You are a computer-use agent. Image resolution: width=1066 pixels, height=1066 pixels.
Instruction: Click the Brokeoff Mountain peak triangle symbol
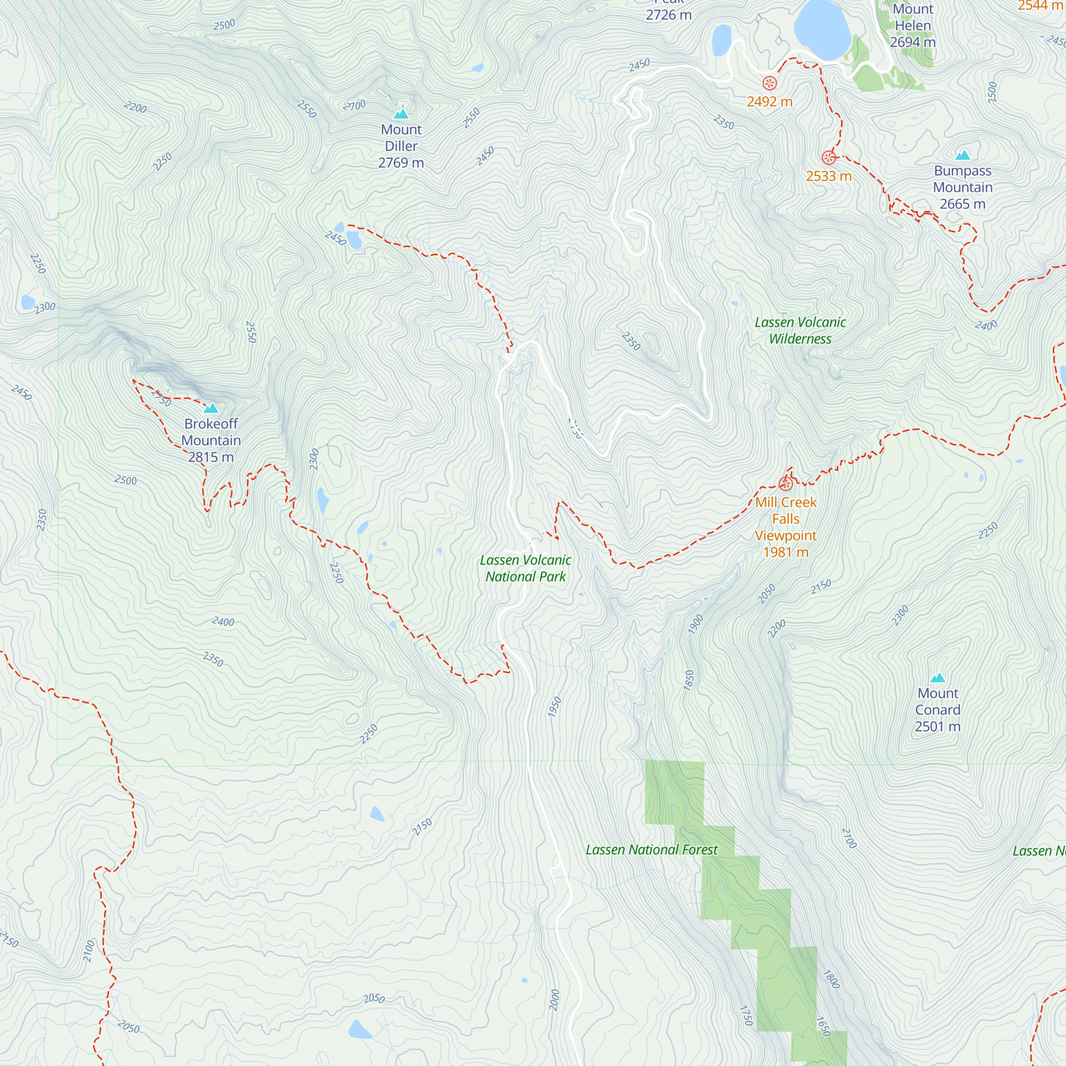point(211,409)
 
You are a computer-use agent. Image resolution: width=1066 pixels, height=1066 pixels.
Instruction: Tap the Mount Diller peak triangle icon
point(401,114)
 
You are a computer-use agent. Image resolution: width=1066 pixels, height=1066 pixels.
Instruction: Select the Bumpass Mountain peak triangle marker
point(963,155)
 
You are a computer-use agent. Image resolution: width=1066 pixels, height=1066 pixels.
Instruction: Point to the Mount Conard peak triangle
point(938,678)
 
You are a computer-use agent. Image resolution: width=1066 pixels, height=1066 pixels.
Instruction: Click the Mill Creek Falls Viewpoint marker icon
point(786,484)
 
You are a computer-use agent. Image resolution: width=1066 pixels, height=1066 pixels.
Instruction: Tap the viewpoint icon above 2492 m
point(770,83)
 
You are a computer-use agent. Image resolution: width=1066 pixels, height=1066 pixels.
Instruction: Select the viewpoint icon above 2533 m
point(829,158)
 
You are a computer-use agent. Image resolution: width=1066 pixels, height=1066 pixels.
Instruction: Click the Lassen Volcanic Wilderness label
point(800,330)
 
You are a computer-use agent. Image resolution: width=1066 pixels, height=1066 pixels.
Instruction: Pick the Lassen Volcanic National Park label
point(526,568)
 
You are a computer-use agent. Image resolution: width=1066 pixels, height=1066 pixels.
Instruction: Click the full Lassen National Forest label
point(652,850)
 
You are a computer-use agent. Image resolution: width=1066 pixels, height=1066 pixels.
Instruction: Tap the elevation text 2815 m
point(211,457)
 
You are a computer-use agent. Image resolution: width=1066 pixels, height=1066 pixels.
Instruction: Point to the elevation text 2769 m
point(401,163)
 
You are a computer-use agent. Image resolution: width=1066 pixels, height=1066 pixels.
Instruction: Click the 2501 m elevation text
point(938,726)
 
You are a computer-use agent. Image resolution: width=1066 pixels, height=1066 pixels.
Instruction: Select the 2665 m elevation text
point(962,204)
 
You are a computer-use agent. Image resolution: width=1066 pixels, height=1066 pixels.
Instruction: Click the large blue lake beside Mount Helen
point(821,29)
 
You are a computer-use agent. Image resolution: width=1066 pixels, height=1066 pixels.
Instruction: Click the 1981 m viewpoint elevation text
point(786,552)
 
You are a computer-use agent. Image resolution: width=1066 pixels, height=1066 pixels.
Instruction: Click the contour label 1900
point(696,624)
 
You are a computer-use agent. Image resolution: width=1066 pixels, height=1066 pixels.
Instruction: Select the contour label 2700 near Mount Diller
point(355,105)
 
